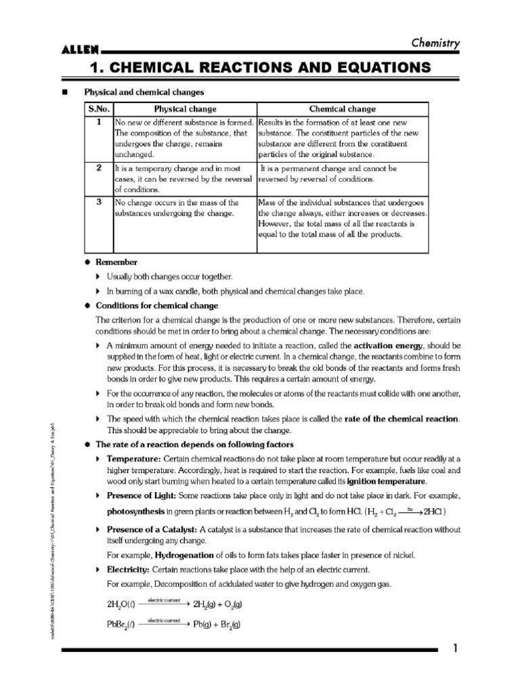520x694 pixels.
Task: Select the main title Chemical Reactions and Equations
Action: pyautogui.click(x=261, y=67)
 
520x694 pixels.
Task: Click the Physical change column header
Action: pyautogui.click(x=185, y=108)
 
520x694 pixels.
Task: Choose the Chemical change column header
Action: pyautogui.click(x=342, y=108)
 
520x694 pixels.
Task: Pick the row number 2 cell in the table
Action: pyautogui.click(x=99, y=168)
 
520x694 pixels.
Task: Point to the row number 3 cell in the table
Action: pyautogui.click(x=99, y=202)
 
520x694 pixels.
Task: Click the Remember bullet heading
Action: pyautogui.click(x=116, y=262)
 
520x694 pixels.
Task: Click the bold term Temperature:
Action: pyautogui.click(x=133, y=459)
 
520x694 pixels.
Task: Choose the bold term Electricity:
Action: pyautogui.click(x=129, y=569)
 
